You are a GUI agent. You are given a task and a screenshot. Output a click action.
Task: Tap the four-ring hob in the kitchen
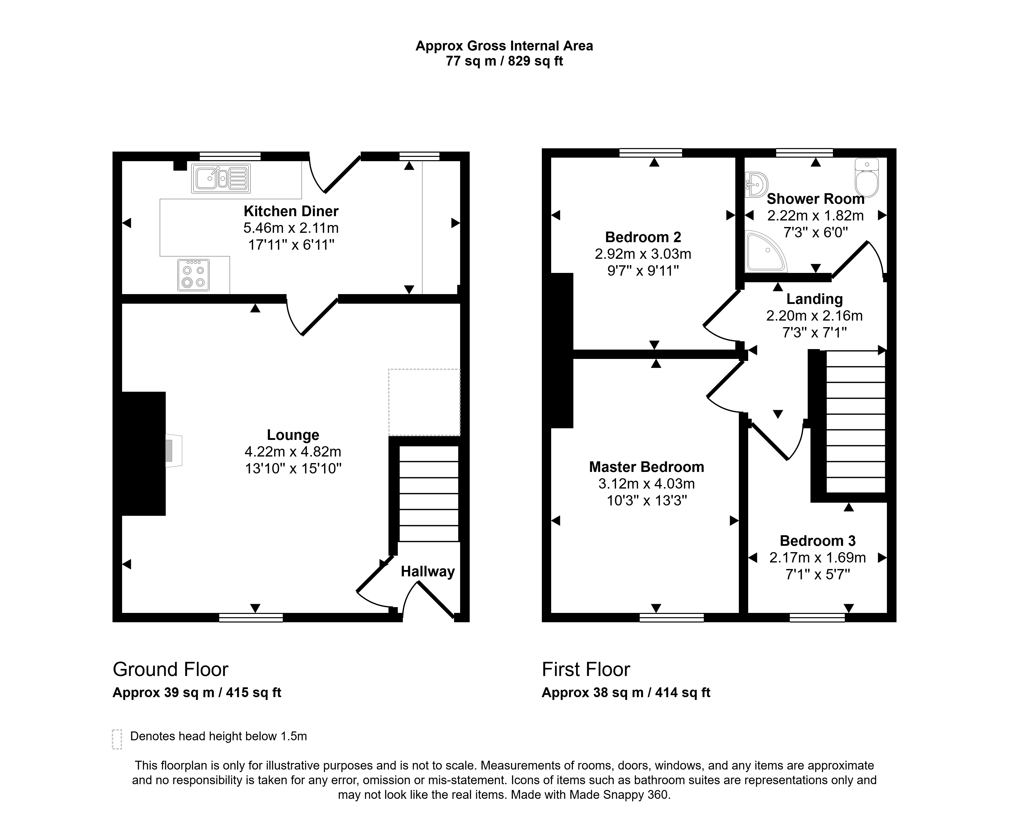tap(193, 275)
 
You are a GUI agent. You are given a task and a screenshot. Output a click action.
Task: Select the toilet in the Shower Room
tap(867, 178)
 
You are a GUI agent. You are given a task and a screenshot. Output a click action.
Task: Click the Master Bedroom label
tap(647, 467)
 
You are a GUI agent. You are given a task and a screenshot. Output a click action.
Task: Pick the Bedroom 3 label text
tap(818, 541)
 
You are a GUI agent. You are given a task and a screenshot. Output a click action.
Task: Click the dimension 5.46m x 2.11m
tap(291, 228)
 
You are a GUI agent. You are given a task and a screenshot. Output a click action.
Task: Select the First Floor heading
tap(586, 669)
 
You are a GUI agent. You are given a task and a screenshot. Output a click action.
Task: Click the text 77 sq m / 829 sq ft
tap(504, 61)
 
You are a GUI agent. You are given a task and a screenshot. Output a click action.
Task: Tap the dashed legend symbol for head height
tap(117, 739)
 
